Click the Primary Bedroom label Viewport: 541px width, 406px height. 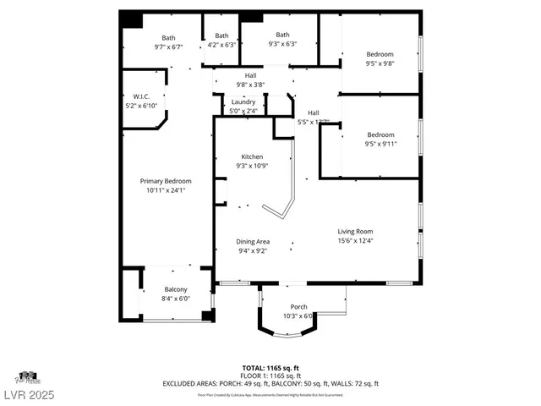click(x=166, y=181)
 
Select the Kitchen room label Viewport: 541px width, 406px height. click(x=252, y=156)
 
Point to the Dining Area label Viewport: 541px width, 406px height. click(x=252, y=242)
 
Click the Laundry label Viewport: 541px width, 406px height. click(x=243, y=102)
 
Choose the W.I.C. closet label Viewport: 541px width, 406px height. click(x=141, y=96)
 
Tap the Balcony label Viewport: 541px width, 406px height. click(x=176, y=289)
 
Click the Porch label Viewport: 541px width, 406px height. click(x=298, y=306)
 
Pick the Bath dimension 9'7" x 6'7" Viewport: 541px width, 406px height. click(x=169, y=47)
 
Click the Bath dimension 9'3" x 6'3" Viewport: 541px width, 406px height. click(x=281, y=44)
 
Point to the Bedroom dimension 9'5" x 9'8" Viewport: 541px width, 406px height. click(x=380, y=63)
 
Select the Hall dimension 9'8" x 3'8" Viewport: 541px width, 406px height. click(x=251, y=85)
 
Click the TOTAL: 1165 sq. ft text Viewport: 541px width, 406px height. click(x=270, y=368)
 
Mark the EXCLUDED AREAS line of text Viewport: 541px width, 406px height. click(x=270, y=383)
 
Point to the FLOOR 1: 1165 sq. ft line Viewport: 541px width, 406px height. click(x=270, y=376)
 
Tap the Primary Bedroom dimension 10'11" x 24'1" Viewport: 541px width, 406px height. click(x=166, y=190)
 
